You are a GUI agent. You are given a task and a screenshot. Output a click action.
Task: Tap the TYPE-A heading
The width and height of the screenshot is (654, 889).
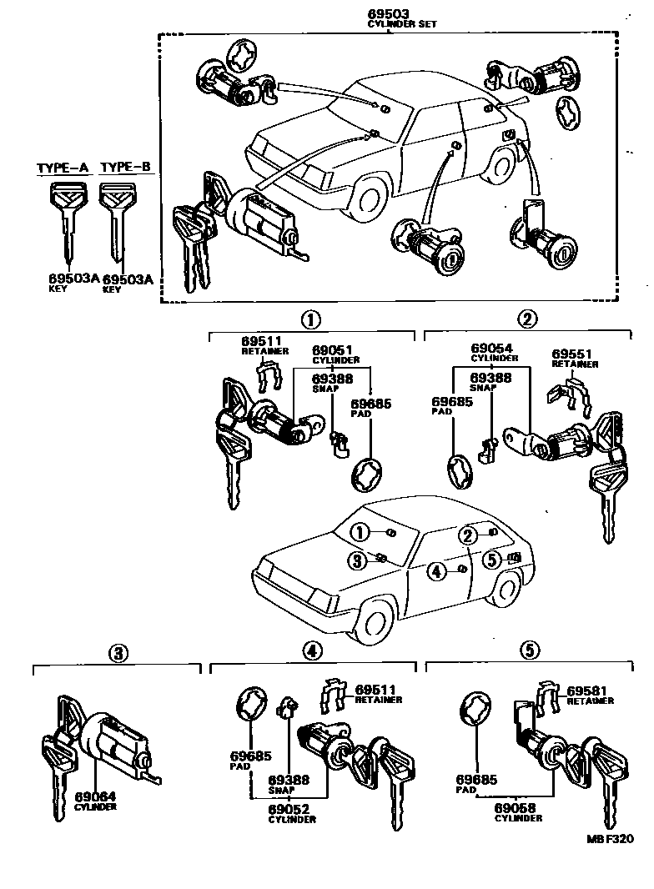coord(62,168)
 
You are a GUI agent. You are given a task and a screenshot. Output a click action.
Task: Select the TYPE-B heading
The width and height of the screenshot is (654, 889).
coord(125,168)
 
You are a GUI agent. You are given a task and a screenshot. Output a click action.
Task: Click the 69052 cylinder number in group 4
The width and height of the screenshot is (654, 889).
coord(291,809)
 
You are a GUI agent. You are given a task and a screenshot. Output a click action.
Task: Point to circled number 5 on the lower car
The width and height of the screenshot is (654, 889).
coord(492,559)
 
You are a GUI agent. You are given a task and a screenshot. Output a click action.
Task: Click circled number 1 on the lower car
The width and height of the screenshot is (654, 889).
coord(359,532)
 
